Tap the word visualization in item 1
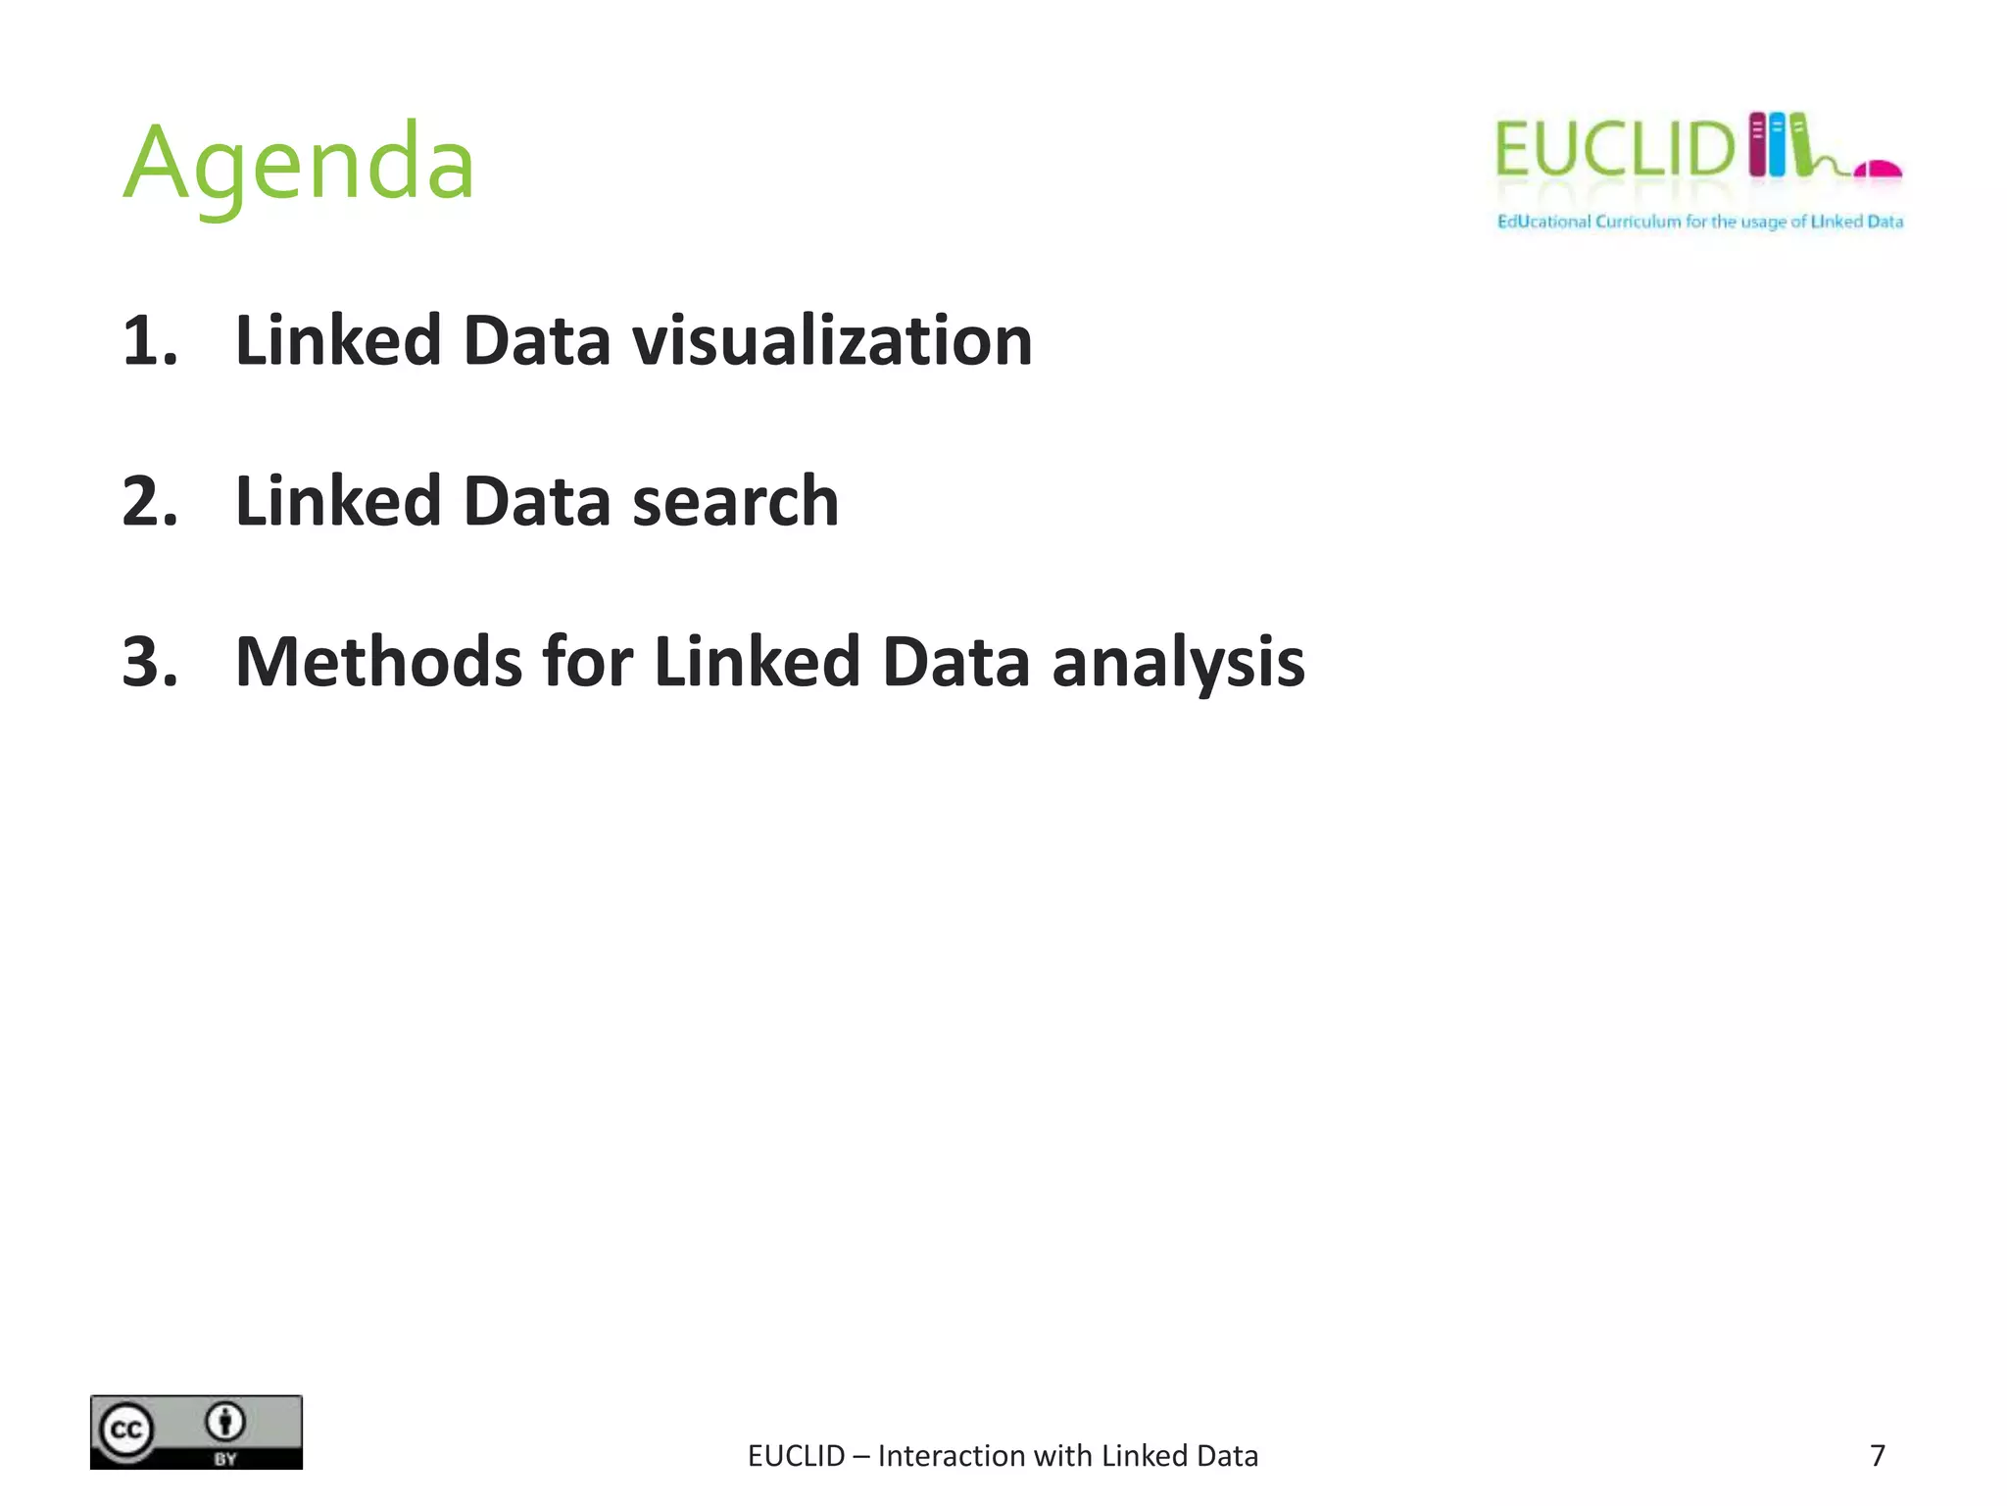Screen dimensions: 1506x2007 coord(832,341)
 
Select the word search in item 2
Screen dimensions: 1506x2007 coord(735,501)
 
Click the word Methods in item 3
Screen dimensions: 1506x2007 coord(379,662)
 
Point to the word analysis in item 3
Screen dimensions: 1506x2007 coord(1178,664)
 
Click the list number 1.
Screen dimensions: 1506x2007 coord(148,341)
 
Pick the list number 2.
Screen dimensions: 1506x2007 coord(149,501)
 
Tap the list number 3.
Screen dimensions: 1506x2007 coord(149,662)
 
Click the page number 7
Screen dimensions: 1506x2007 coord(1878,1456)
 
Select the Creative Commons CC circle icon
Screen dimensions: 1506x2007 coord(125,1431)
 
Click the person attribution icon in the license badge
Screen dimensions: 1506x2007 coord(225,1422)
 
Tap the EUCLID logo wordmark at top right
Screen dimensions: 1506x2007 coord(1614,150)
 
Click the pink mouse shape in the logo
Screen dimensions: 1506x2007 coord(1878,170)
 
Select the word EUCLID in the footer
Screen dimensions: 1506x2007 coord(796,1456)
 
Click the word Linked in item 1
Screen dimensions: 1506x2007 coord(338,341)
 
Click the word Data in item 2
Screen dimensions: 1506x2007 coord(536,501)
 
